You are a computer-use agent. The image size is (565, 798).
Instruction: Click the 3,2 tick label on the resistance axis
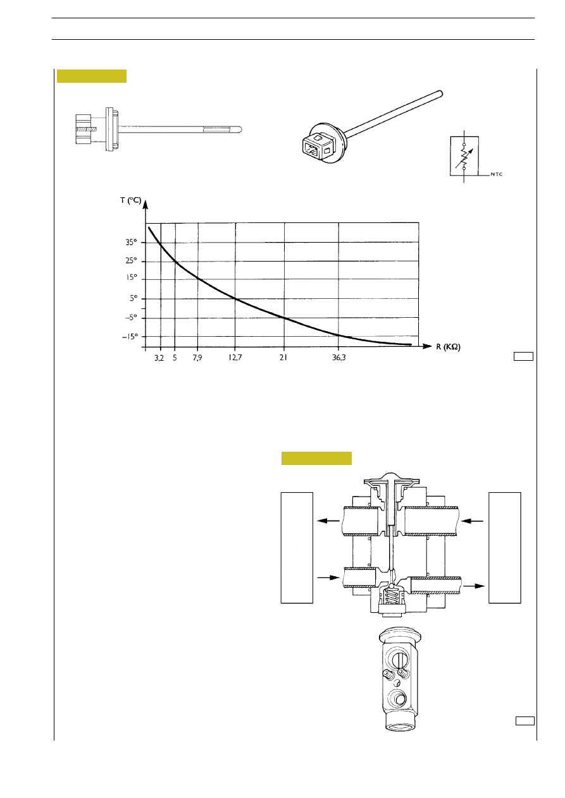tap(159, 358)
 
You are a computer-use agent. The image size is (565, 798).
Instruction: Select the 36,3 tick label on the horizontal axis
tap(339, 358)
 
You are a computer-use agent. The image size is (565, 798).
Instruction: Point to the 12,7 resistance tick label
tap(235, 358)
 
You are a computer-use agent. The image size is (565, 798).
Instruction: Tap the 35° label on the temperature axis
tap(131, 243)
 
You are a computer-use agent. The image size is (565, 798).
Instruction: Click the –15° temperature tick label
tap(130, 337)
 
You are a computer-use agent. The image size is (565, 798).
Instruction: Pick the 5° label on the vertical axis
tap(133, 298)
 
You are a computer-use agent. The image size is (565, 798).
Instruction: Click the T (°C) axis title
tap(130, 200)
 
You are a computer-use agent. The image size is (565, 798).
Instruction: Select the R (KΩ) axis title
tap(448, 347)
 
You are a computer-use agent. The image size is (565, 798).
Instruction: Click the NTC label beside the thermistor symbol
tap(497, 174)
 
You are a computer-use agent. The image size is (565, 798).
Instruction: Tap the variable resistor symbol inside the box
tap(464, 156)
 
